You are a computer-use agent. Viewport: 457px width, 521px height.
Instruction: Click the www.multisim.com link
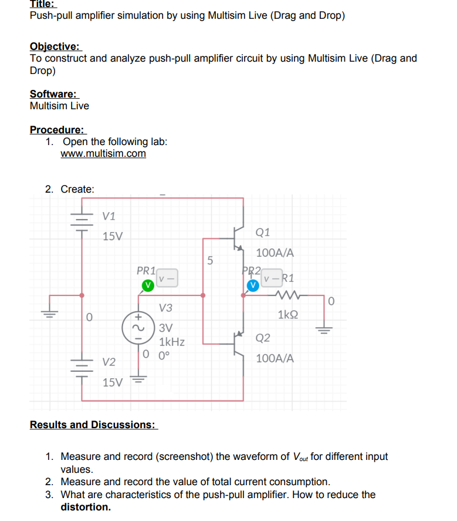(103, 153)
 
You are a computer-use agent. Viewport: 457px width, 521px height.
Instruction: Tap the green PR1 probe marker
(149, 285)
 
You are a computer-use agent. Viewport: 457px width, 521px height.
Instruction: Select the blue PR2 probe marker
(253, 285)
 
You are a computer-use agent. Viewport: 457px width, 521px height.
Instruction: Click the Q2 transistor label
(263, 338)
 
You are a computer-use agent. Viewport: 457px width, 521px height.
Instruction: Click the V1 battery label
(109, 216)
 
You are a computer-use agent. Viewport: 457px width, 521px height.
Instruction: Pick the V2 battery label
(109, 361)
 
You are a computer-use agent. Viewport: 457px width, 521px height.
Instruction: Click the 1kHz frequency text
(172, 342)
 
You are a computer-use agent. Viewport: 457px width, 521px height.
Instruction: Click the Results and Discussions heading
(93, 424)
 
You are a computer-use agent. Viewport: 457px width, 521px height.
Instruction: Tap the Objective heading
(55, 46)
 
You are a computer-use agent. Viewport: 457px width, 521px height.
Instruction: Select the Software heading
(53, 94)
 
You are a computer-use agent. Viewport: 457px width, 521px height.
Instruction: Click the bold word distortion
(86, 506)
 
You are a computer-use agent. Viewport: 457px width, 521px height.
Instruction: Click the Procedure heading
(57, 130)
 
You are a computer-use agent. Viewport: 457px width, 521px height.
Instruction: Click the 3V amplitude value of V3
(166, 328)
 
